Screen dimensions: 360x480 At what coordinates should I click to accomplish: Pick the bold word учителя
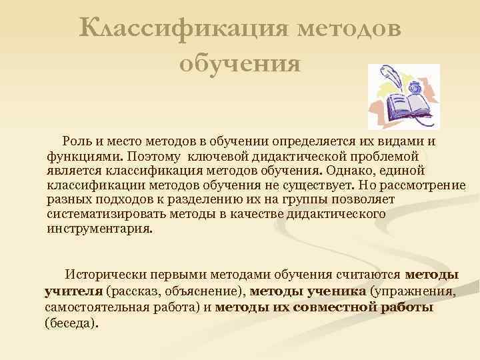tap(73, 291)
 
